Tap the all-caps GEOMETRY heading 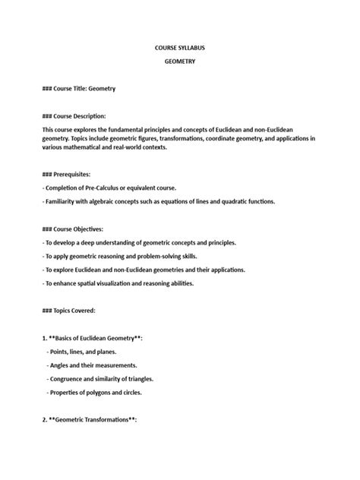point(180,62)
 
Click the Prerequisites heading point(68,175)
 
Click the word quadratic point(219,201)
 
